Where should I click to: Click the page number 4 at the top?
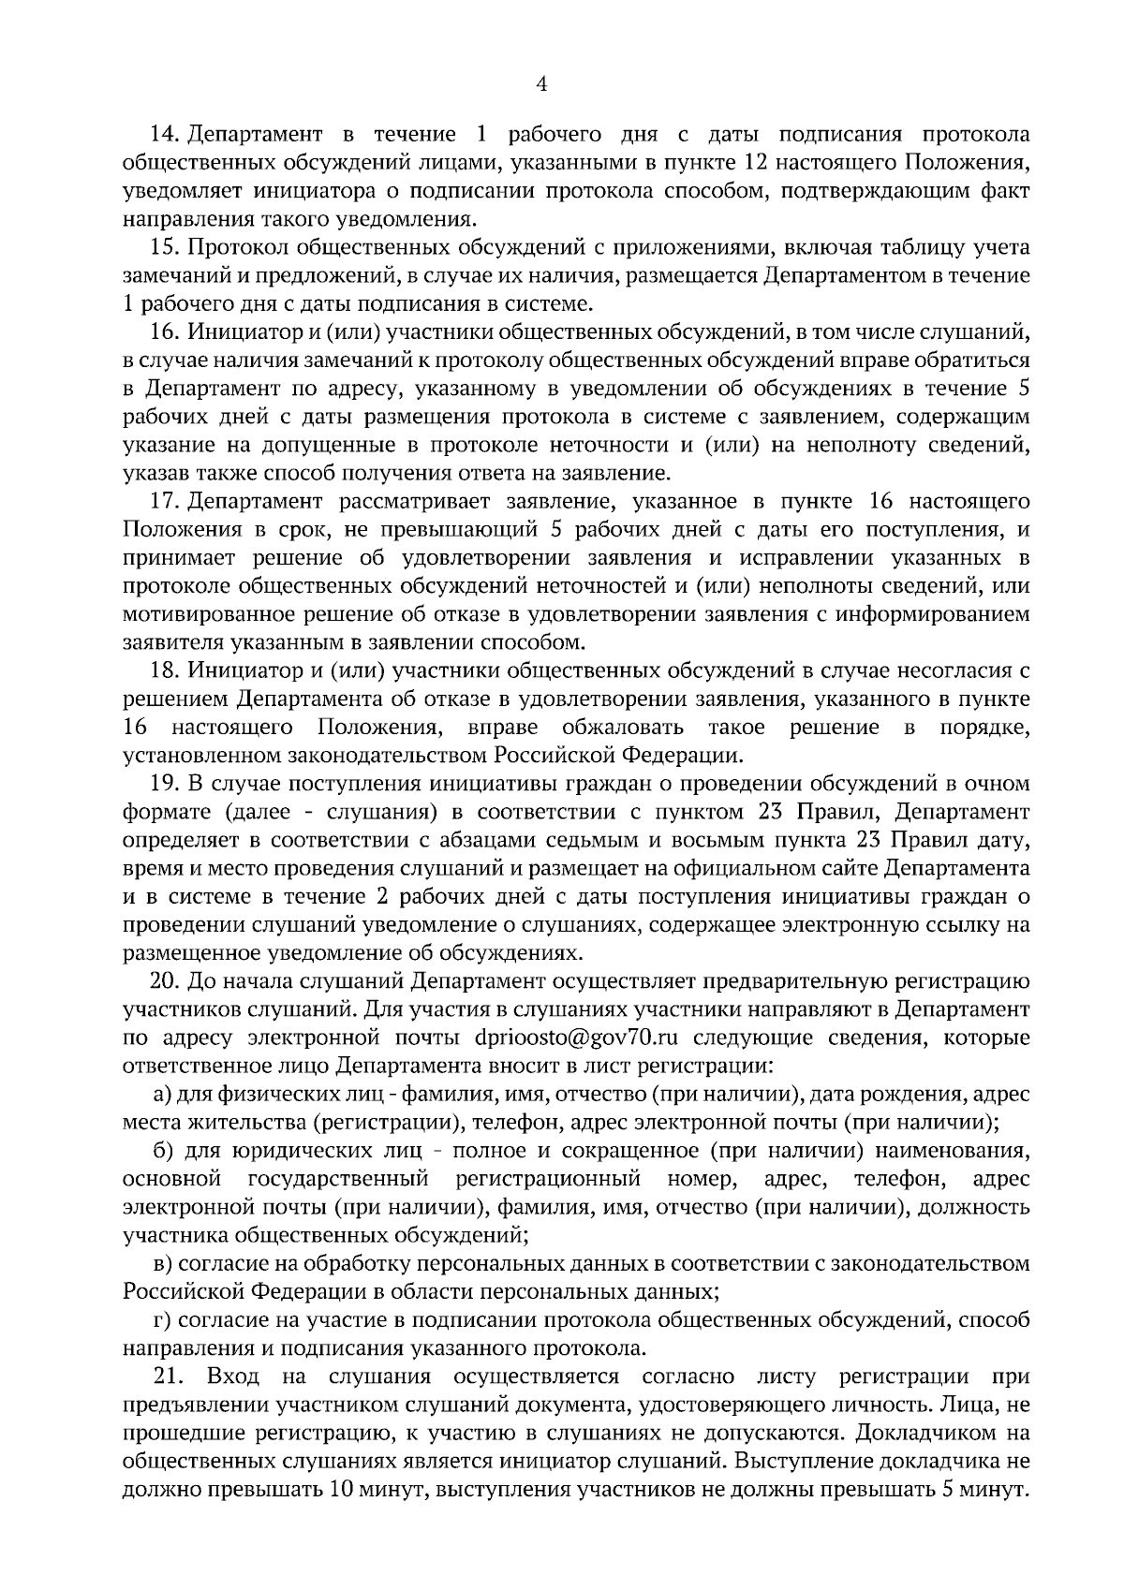click(540, 84)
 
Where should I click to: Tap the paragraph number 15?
click(165, 248)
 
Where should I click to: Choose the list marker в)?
click(162, 1264)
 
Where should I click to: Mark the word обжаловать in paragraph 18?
click(623, 728)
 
